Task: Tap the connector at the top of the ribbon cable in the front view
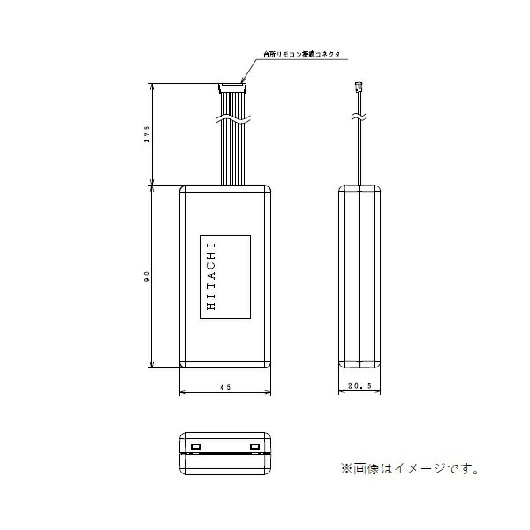click(231, 87)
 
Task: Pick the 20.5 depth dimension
click(361, 387)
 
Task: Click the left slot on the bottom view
click(197, 447)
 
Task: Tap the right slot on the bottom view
click(254, 447)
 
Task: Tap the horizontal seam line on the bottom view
click(225, 453)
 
